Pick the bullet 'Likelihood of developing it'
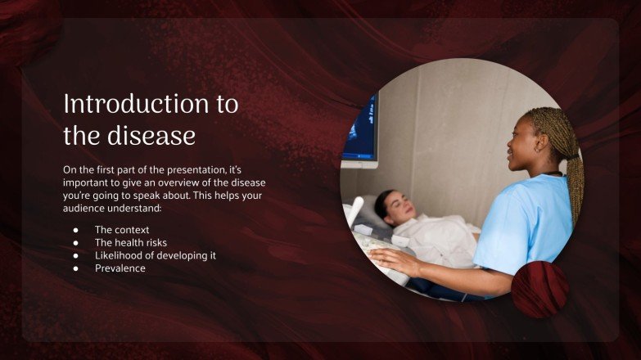tap(156, 255)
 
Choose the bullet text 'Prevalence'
tap(120, 268)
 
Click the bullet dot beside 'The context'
tap(75, 230)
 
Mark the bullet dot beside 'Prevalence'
tap(75, 268)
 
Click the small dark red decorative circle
tap(540, 290)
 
